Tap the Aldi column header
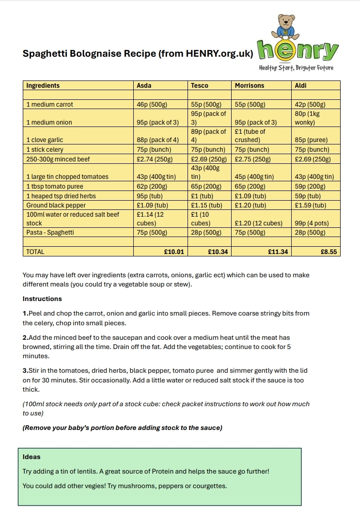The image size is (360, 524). click(301, 85)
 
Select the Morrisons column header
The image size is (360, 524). click(250, 85)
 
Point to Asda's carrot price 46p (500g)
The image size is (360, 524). click(152, 104)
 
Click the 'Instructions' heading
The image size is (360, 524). click(42, 299)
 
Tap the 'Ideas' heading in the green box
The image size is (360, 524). click(31, 457)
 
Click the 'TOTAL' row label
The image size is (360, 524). click(35, 252)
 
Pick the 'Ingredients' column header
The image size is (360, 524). click(43, 85)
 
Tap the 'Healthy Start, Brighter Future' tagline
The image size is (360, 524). click(297, 68)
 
